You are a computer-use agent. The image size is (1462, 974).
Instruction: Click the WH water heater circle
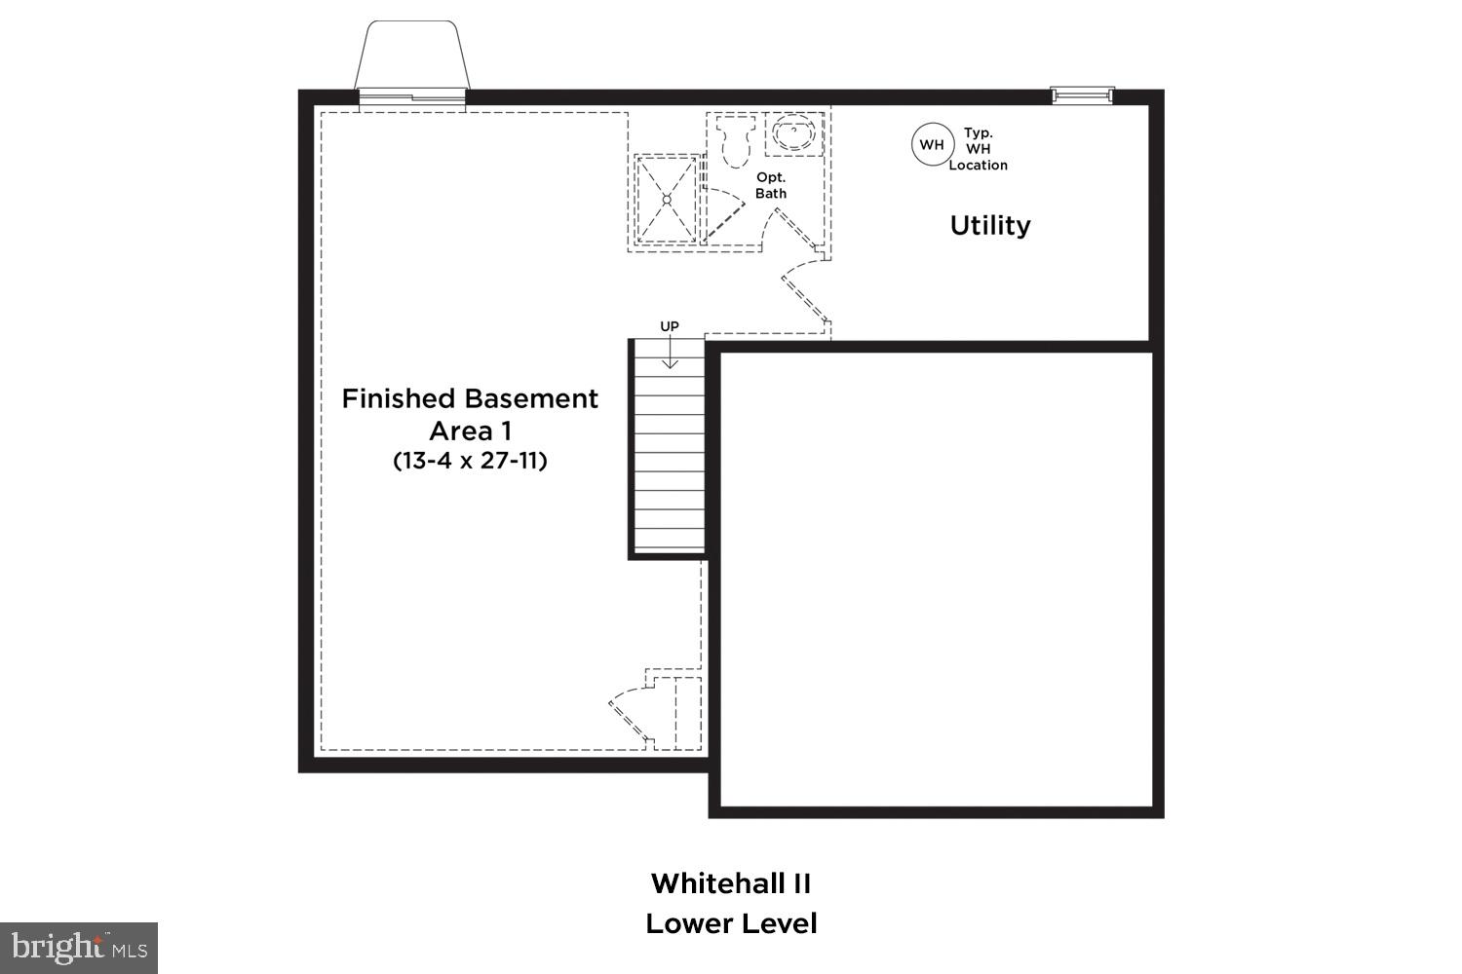[x=932, y=145]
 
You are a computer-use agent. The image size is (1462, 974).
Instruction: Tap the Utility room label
[x=990, y=225]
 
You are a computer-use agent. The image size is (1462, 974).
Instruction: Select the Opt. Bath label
[x=771, y=185]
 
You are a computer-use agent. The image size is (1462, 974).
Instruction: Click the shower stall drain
[x=667, y=199]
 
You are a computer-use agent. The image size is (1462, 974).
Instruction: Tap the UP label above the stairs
[x=670, y=326]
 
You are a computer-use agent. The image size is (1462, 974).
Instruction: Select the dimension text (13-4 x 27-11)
[x=470, y=460]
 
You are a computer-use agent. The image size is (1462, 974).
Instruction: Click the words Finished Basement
[x=470, y=398]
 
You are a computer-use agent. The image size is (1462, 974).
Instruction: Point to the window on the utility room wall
[x=1082, y=94]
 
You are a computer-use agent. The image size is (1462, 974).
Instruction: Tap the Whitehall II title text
[x=731, y=883]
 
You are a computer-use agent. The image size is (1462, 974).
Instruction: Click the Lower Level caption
[x=731, y=923]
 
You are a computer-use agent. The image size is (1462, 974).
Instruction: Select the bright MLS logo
[x=78, y=947]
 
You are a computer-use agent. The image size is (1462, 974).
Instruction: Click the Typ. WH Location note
[x=978, y=149]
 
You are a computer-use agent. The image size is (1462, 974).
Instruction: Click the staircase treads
[x=669, y=458]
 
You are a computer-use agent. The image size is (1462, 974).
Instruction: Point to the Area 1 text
[x=470, y=430]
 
